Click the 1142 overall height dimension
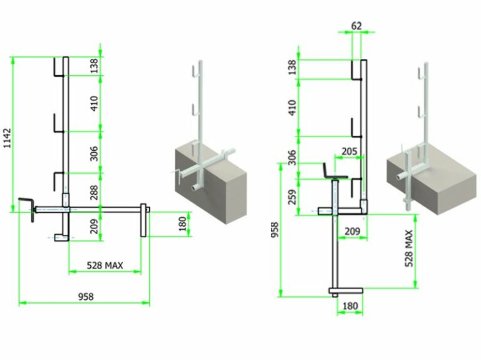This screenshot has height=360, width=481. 7,138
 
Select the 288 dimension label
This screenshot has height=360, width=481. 94,192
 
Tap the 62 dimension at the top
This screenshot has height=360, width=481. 356,26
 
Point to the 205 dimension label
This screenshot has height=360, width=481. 349,151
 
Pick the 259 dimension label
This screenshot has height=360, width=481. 292,197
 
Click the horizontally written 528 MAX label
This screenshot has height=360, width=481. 105,265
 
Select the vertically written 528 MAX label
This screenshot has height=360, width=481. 409,249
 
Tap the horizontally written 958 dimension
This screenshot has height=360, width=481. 86,297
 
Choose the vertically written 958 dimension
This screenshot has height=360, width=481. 274,230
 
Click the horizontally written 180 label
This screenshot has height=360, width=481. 350,306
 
